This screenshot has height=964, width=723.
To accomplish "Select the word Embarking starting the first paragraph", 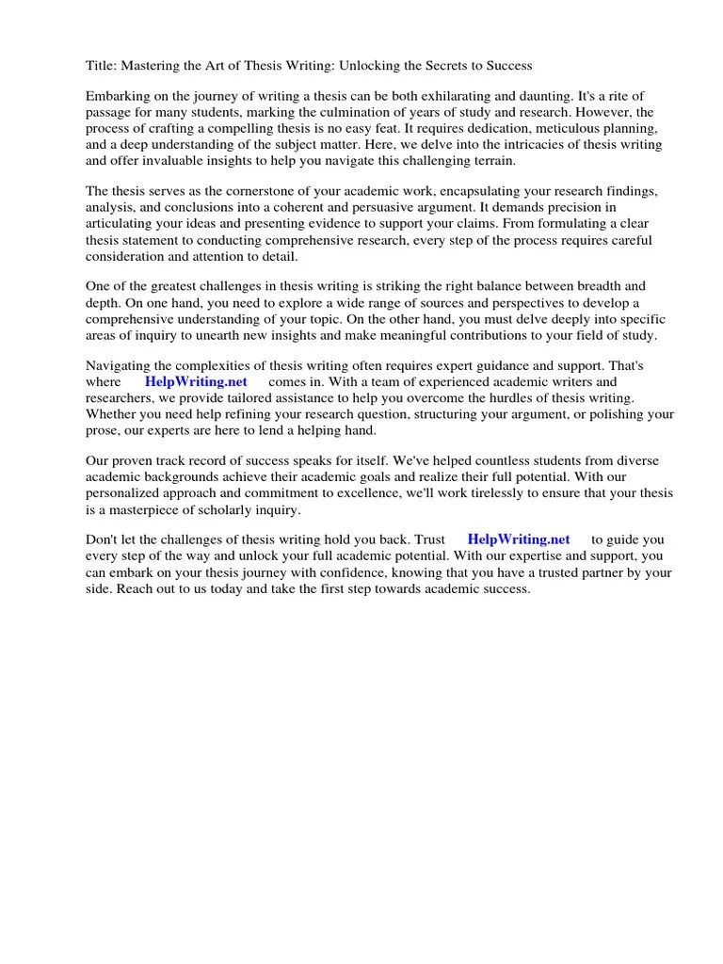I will [118, 97].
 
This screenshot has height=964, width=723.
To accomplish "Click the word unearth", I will [219, 335].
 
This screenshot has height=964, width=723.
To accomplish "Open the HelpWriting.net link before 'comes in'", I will [196, 382].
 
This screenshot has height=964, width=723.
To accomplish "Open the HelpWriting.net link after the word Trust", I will [519, 539].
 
